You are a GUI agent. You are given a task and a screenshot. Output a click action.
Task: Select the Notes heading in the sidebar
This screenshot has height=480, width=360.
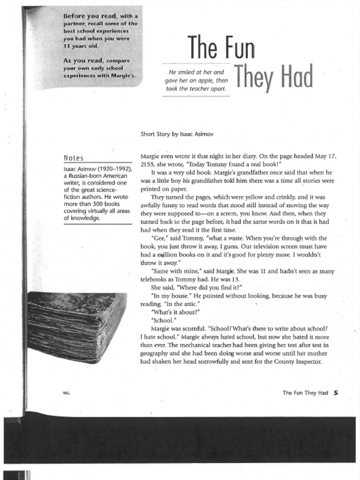tap(73, 158)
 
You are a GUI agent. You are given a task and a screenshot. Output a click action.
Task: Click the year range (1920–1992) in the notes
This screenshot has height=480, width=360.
tap(114, 169)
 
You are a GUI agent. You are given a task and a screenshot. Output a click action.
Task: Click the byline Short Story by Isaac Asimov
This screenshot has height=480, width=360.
tap(177, 134)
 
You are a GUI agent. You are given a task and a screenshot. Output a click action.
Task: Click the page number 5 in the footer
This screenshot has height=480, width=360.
tap(336, 393)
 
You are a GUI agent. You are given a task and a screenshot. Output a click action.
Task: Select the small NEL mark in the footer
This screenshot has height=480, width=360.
tap(66, 393)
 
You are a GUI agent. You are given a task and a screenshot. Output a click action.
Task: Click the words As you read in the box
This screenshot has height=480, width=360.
tap(83, 60)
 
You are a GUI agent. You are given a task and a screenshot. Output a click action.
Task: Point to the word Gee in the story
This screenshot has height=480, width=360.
tap(158, 239)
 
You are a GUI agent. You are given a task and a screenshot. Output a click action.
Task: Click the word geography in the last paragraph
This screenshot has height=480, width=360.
tap(156, 353)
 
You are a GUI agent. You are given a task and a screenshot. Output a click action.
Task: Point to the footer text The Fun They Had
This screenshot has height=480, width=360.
tap(305, 393)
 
